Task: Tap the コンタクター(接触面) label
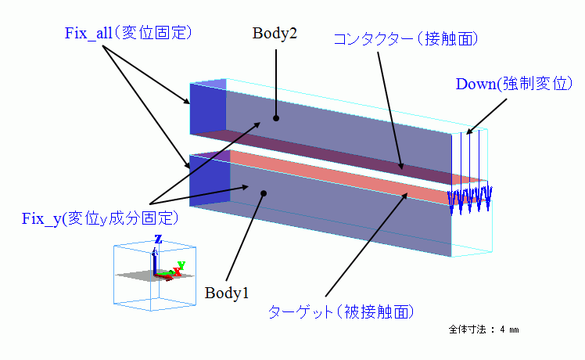[405, 38]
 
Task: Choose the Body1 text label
[227, 293]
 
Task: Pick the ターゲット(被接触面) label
[339, 311]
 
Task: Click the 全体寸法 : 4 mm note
[484, 329]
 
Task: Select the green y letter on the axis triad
[181, 265]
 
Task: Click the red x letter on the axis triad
[177, 272]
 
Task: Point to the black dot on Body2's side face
[275, 118]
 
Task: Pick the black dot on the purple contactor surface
[402, 165]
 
